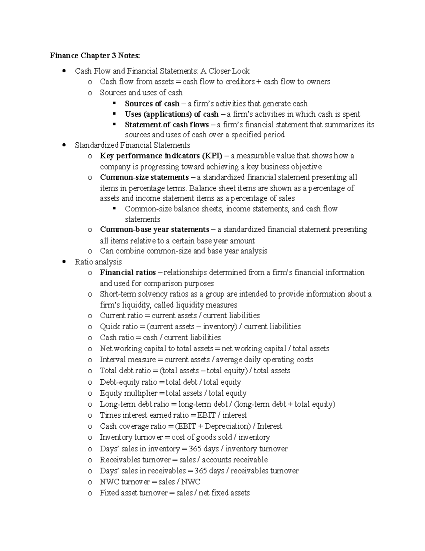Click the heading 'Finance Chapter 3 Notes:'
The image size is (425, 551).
95,56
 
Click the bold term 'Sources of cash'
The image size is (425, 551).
152,104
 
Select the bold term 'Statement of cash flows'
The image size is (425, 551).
166,125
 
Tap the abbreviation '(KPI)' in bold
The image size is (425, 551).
212,156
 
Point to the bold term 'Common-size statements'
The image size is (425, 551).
144,177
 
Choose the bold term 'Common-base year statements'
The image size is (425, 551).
154,229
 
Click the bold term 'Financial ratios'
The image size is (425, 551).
127,272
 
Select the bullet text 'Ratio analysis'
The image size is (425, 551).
98,262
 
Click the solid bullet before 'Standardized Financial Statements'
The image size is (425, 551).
64,145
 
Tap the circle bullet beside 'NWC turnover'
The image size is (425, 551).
90,482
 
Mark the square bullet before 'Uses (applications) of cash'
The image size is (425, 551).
114,114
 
